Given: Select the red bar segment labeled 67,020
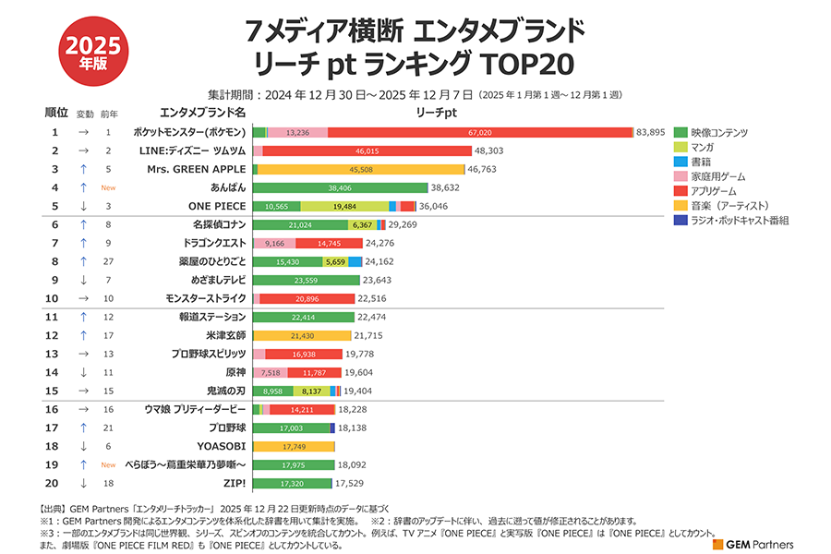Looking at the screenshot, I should [479, 132].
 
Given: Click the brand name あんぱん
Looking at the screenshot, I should [228, 187].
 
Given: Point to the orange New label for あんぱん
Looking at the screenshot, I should [108, 187].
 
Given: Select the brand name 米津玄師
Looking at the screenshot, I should [226, 335].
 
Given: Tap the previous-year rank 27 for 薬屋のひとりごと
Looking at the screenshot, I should [108, 261].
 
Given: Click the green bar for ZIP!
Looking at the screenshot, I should [292, 483].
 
